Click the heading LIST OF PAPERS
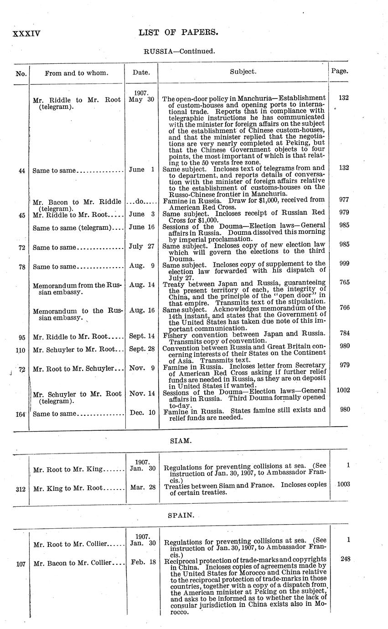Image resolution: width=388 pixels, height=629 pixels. pos(178,32)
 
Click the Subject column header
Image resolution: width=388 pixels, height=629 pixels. pos(243,72)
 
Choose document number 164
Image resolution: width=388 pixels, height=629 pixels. pos(21,414)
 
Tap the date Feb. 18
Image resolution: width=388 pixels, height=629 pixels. pos(141,563)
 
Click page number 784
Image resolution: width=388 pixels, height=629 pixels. pos(344,333)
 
